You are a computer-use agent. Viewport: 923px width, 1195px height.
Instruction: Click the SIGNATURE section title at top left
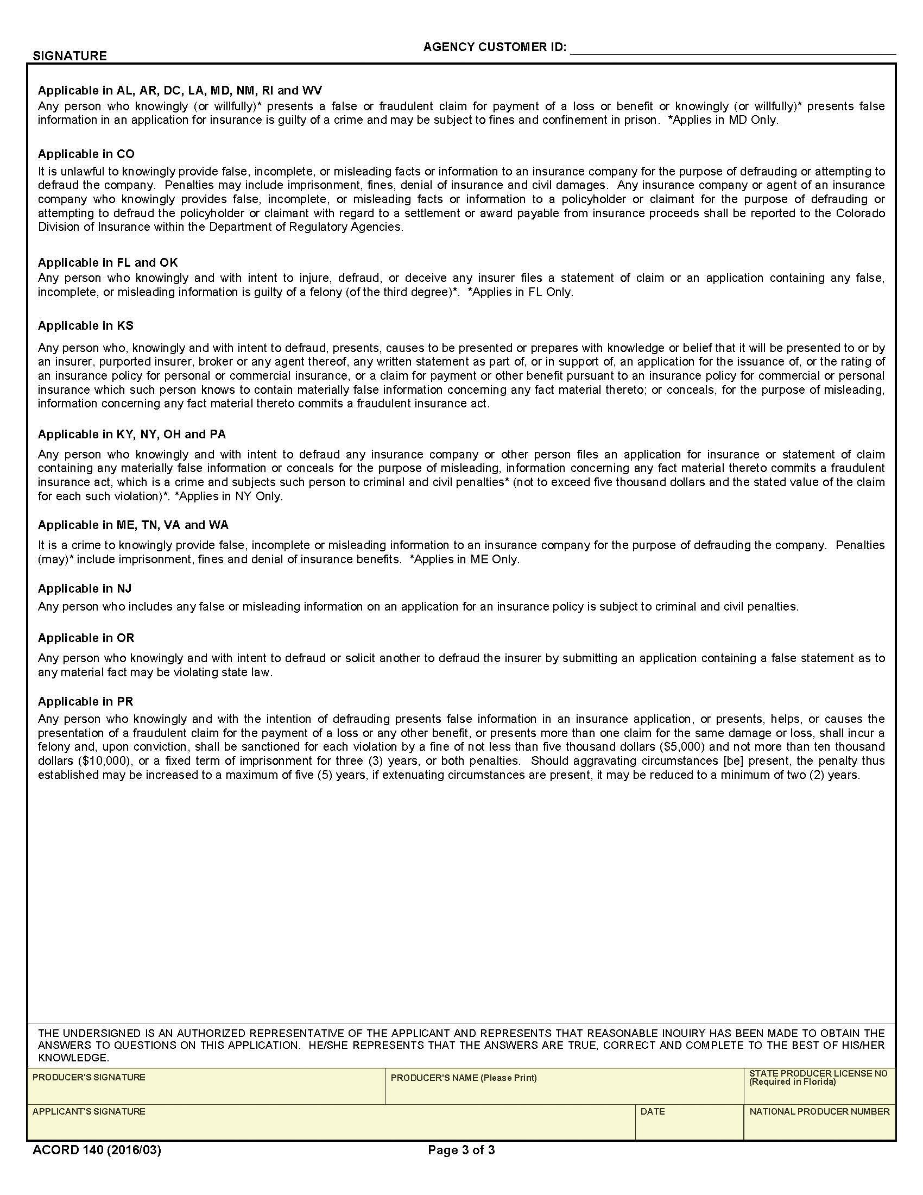coord(69,56)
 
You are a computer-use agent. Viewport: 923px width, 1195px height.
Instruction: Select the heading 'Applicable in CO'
coord(86,154)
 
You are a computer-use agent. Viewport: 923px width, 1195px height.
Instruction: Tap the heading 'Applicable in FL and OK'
coord(108,262)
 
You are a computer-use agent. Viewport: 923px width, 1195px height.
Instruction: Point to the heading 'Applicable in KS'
coord(85,325)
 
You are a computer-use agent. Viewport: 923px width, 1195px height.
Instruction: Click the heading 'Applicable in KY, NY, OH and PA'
coord(131,434)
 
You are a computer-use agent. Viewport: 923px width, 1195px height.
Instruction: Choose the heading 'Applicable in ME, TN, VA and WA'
coord(133,525)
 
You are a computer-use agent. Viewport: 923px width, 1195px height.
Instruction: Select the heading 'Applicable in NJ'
coord(85,588)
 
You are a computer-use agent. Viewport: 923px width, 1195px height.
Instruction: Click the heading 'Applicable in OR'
coord(86,638)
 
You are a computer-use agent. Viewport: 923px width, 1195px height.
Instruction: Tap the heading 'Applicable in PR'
coord(85,701)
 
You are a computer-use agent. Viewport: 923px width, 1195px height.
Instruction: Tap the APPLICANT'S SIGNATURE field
coord(331,1127)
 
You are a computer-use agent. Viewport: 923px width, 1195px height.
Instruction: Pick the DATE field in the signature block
coord(688,1127)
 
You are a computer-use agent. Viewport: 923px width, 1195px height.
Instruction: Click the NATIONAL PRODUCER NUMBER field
coord(819,1127)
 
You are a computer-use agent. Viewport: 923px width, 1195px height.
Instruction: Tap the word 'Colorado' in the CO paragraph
coord(860,213)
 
